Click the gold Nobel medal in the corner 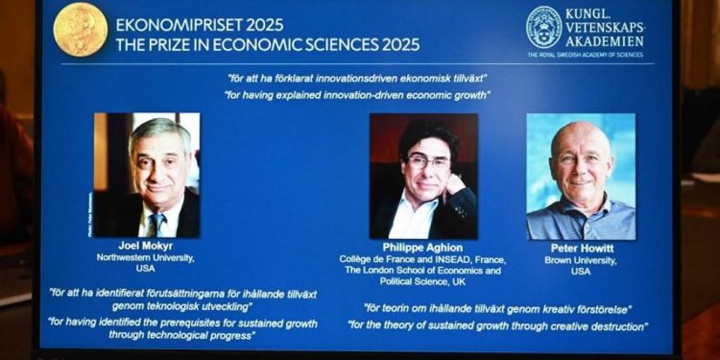pos(81,29)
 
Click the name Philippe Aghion pos(422,246)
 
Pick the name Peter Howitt pos(581,248)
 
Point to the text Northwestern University pos(148,258)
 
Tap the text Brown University pos(581,259)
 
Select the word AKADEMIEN pos(606,41)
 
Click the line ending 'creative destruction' pos(497,326)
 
